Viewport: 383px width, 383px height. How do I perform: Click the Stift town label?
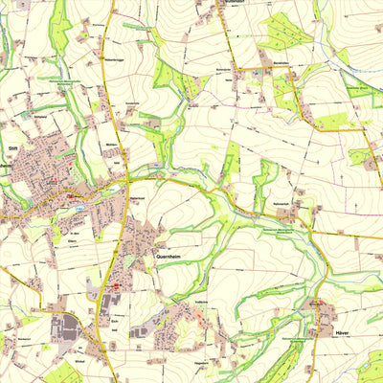12,149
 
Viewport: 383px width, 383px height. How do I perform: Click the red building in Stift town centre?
71,197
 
